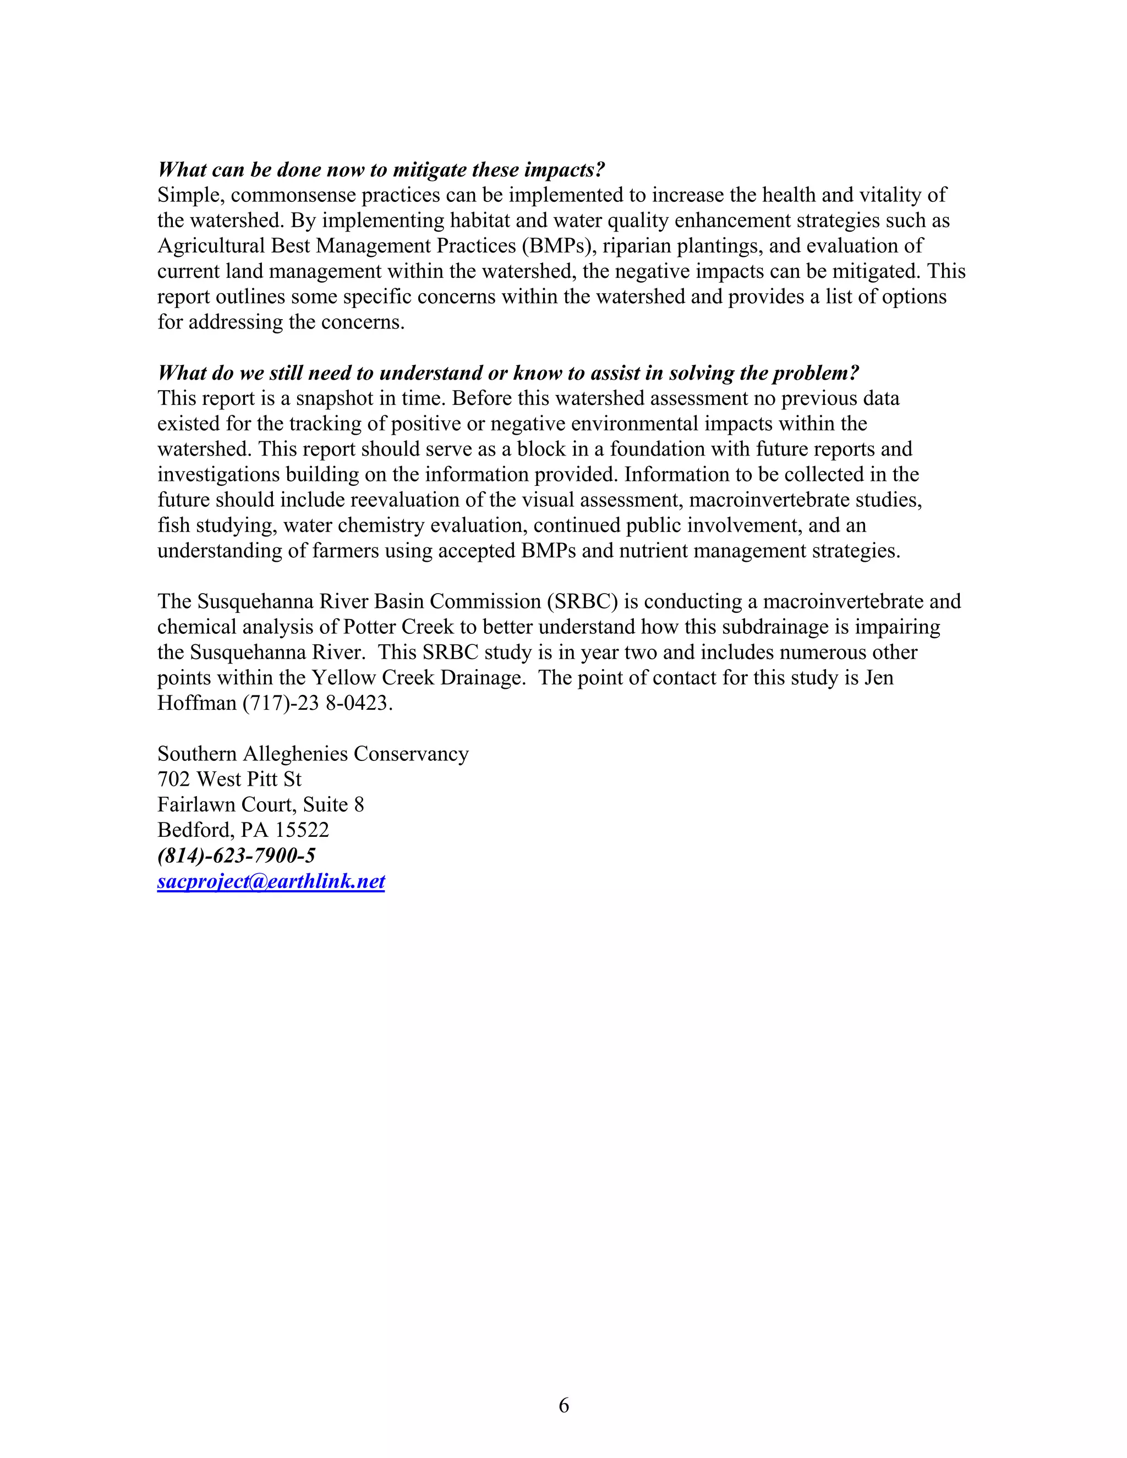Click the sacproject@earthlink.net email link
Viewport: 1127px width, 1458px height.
click(271, 881)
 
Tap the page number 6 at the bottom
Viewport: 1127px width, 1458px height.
click(563, 1405)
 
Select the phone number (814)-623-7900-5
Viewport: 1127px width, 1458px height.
click(236, 855)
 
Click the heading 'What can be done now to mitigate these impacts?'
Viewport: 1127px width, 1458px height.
click(381, 169)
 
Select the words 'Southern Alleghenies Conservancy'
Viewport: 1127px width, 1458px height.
click(313, 754)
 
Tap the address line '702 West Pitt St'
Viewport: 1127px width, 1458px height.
click(229, 779)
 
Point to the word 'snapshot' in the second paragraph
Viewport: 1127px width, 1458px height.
click(332, 398)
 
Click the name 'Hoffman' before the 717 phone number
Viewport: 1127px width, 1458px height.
click(197, 703)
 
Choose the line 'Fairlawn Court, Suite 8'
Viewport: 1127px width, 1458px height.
click(260, 804)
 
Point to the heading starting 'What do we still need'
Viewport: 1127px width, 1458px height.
click(508, 372)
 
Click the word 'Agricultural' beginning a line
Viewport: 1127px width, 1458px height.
click(211, 246)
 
